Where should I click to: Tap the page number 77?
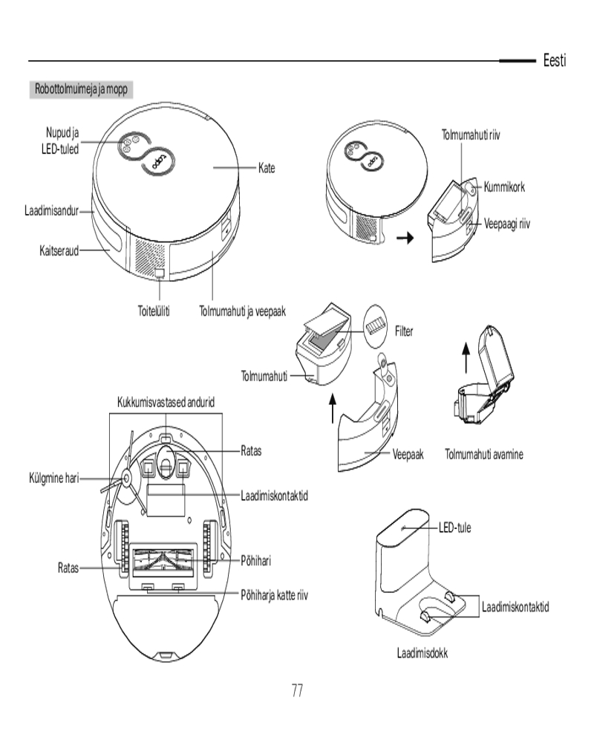pyautogui.click(x=297, y=690)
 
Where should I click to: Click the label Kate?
pyautogui.click(x=267, y=169)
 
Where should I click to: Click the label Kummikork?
pyautogui.click(x=504, y=187)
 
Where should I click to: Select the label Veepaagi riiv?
pyautogui.click(x=512, y=224)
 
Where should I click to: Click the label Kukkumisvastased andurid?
pyautogui.click(x=166, y=402)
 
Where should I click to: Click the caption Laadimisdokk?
pyautogui.click(x=422, y=654)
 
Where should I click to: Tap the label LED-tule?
pyautogui.click(x=454, y=528)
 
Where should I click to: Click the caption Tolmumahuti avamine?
pyautogui.click(x=484, y=454)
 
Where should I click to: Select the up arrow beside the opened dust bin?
pyautogui.click(x=466, y=359)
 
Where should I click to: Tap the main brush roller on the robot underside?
pyautogui.click(x=164, y=559)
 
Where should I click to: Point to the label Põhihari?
pyautogui.click(x=257, y=559)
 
